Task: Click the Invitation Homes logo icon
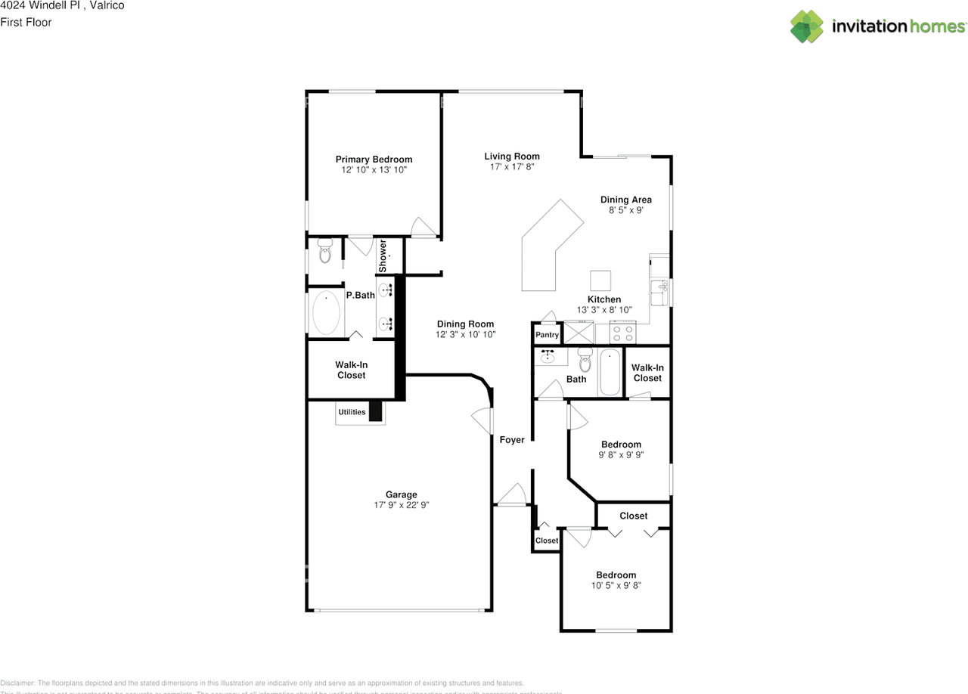click(x=807, y=26)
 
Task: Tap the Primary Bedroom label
click(x=374, y=160)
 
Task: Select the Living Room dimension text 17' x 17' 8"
click(x=512, y=167)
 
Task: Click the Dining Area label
click(x=625, y=200)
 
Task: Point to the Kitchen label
click(x=604, y=299)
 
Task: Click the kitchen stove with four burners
click(x=624, y=332)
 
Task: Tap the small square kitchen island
click(x=600, y=280)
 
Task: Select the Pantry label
click(x=547, y=335)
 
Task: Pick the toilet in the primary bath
click(x=325, y=251)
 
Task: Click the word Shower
click(x=383, y=256)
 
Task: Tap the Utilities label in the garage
click(x=352, y=412)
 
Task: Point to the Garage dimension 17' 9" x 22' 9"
click(x=402, y=505)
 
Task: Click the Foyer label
click(x=512, y=440)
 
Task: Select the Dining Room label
click(x=465, y=324)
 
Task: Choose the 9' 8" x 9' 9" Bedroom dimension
click(x=621, y=455)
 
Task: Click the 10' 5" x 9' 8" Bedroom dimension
click(x=616, y=585)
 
